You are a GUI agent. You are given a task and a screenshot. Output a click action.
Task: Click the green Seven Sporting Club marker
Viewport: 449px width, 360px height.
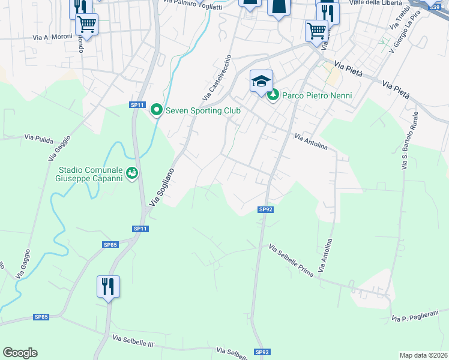click(x=157, y=110)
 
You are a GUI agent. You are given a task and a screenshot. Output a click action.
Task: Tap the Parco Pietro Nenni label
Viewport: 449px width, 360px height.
click(x=316, y=95)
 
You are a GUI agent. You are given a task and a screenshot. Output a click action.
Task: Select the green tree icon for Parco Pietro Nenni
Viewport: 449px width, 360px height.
click(x=273, y=95)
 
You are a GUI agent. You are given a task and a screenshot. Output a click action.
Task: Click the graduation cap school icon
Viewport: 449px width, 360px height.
click(x=261, y=81)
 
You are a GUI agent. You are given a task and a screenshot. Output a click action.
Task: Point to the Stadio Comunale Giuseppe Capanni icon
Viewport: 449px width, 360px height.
click(x=133, y=173)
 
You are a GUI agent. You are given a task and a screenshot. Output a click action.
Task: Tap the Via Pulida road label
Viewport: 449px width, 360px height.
click(x=39, y=137)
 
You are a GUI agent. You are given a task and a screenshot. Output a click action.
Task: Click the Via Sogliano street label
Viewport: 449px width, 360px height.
click(x=161, y=188)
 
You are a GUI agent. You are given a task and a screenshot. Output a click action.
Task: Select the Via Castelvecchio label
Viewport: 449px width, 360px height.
click(x=217, y=78)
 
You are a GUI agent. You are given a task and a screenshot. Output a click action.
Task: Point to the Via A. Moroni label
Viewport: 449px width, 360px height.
click(x=52, y=37)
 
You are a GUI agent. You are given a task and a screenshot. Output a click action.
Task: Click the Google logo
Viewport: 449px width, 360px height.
click(x=20, y=353)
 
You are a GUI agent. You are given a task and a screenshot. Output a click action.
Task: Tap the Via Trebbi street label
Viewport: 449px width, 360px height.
click(x=395, y=20)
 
